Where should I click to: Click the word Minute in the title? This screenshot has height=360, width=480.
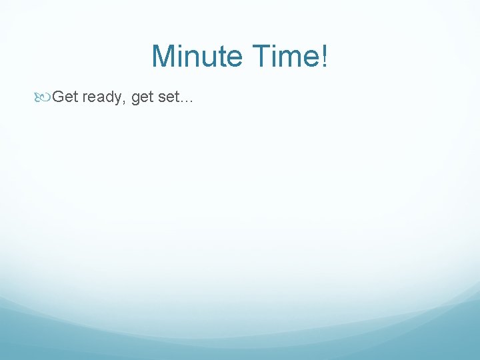click(197, 56)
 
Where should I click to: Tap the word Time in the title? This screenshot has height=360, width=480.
click(285, 56)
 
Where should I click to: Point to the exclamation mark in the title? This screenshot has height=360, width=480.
click(324, 56)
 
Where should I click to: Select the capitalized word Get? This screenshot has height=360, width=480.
click(65, 97)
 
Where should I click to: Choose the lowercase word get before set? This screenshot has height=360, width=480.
click(143, 98)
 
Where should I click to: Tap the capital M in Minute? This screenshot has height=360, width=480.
click(163, 56)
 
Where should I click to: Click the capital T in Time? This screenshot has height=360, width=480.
click(260, 56)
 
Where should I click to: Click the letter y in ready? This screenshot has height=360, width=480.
click(121, 99)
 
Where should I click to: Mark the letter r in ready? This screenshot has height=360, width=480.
click(85, 99)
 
